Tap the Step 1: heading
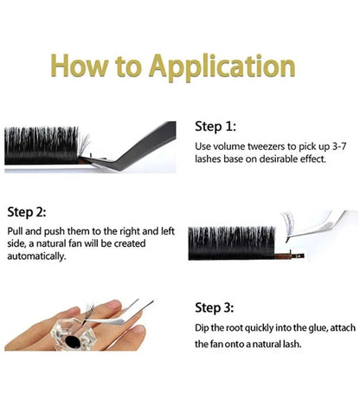pyautogui.click(x=216, y=126)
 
